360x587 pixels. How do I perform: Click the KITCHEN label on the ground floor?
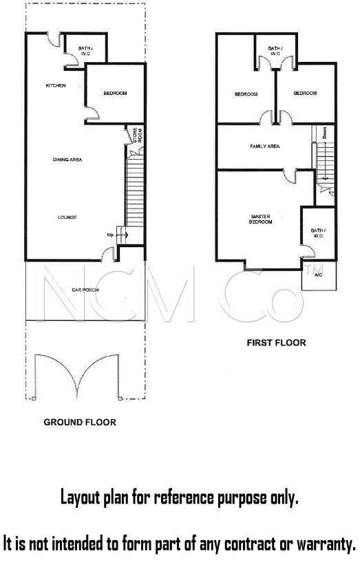(56, 86)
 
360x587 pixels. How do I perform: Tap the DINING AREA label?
(67, 160)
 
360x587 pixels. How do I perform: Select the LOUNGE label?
(67, 217)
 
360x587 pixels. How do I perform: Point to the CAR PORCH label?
(85, 290)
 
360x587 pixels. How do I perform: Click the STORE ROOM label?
(137, 135)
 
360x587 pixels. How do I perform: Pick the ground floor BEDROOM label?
(116, 93)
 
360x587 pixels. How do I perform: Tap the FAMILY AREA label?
(265, 147)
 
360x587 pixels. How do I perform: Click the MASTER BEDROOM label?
(261, 220)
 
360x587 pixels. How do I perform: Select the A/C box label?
(319, 275)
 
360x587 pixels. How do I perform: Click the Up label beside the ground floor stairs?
(110, 235)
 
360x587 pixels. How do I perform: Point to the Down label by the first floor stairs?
(324, 133)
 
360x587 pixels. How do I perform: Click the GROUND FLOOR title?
(80, 423)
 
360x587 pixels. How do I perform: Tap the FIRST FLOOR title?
(277, 343)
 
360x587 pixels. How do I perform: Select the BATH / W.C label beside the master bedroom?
(318, 233)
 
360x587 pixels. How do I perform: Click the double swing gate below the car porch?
(77, 376)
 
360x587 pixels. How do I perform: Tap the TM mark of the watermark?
(314, 270)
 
